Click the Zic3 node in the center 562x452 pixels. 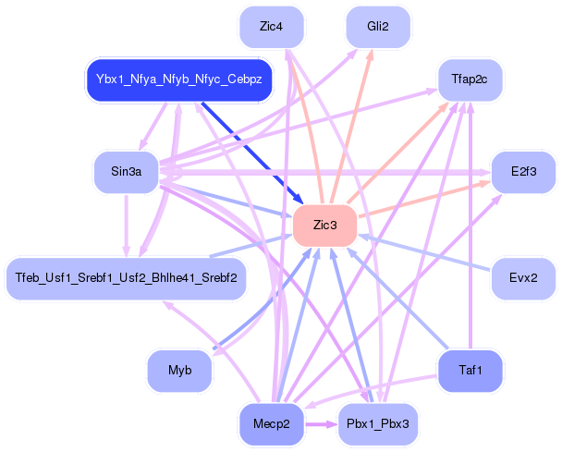[x=324, y=226]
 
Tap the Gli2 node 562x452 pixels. [x=377, y=27]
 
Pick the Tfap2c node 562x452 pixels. [x=470, y=79]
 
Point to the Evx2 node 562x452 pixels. [x=522, y=277]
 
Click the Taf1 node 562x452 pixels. [x=470, y=371]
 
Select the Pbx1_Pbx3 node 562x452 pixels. [x=377, y=423]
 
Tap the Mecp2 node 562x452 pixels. [x=272, y=423]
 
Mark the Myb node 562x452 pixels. [x=179, y=371]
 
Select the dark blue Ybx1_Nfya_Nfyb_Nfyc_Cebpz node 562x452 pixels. [x=178, y=79]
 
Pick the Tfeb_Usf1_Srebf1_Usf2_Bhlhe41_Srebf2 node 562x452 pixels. [x=126, y=277]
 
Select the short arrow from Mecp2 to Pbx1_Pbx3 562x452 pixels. [x=319, y=424]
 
